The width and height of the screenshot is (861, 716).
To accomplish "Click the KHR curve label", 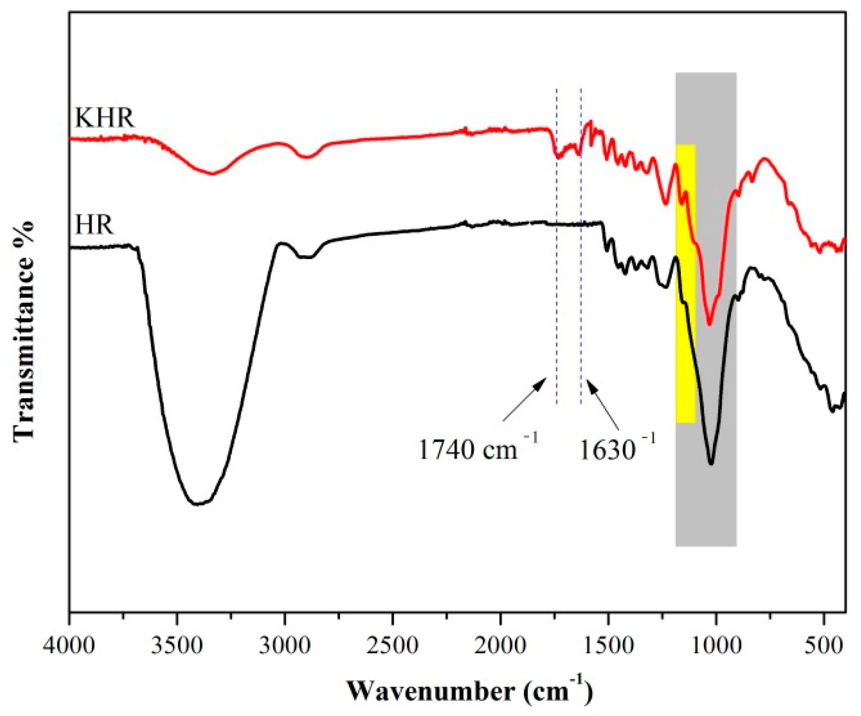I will tap(105, 118).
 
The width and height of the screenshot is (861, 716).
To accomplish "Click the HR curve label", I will tap(94, 225).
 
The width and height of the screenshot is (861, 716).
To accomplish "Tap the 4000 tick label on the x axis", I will tap(69, 645).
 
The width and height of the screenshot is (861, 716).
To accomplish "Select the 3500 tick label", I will tap(177, 645).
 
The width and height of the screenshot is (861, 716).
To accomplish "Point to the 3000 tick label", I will tap(285, 645).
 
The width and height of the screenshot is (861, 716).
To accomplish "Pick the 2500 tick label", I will tap(392, 645).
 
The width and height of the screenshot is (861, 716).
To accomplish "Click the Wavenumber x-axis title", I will tap(470, 691).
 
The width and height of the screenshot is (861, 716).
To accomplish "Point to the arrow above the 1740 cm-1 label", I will tap(524, 399).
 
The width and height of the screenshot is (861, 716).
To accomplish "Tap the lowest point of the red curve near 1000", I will tap(709, 324).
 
